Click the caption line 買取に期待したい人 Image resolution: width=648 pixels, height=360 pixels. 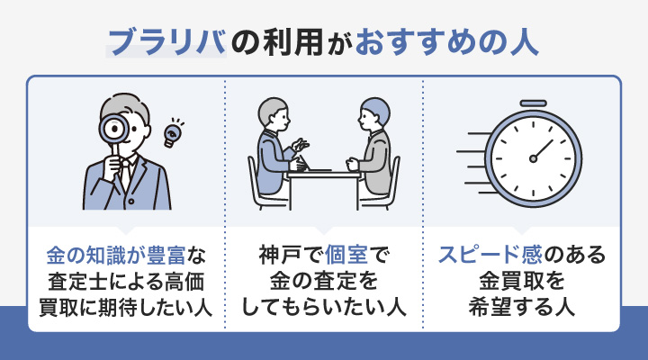126,305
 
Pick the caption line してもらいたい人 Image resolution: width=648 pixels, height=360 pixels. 324,305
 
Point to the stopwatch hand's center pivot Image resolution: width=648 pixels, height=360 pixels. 533,159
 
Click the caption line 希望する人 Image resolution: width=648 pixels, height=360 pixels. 521,305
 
